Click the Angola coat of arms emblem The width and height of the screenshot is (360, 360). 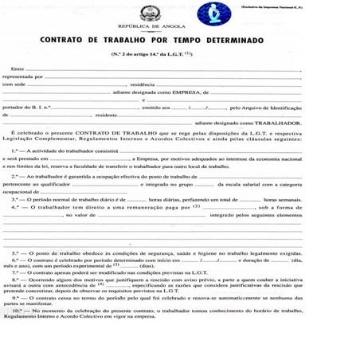click(148, 13)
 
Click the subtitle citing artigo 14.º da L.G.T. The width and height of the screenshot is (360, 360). click(179, 53)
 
